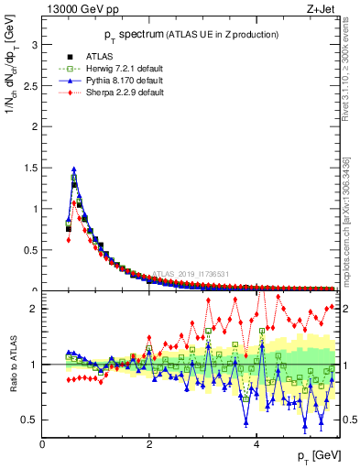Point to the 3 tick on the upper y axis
coord(34,44)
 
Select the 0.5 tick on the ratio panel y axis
coord(30,420)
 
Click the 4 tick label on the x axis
coord(256,444)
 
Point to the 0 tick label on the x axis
coord(43,444)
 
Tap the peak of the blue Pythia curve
coord(73,169)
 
